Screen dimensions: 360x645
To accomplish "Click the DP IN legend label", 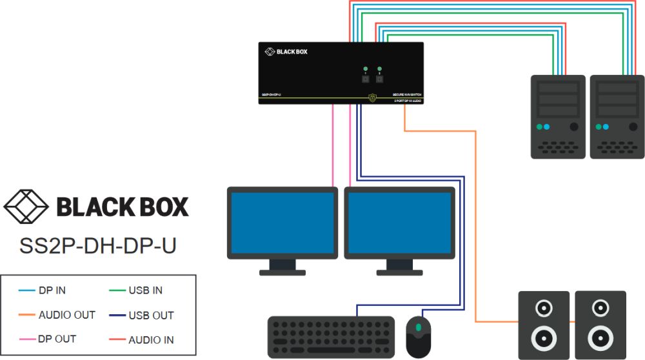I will tap(52, 290).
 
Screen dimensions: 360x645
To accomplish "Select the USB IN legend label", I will tap(145, 290).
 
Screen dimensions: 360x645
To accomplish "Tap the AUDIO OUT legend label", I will tap(66, 315).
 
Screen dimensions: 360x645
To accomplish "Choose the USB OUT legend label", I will tap(151, 315).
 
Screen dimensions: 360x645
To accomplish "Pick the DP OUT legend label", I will tap(57, 339).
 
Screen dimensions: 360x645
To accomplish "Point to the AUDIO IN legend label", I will tap(151, 339).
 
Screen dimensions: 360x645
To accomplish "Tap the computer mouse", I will tap(419, 336).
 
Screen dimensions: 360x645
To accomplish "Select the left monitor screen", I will tap(283, 222).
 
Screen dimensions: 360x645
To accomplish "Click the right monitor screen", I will tap(399, 222).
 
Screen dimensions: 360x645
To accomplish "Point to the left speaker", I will tap(544, 324).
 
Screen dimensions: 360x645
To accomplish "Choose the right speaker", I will tap(600, 324).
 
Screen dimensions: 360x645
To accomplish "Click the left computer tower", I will tap(558, 117).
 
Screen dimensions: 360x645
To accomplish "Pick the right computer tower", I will tap(617, 117).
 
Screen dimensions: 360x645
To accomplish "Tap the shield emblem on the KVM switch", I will tap(372, 98).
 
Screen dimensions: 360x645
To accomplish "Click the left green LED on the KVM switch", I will tap(366, 68).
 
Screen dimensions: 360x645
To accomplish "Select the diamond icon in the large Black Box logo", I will tap(26, 206).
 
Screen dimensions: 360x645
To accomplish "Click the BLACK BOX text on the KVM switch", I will tap(292, 52).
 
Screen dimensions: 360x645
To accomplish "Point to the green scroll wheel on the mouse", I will tap(419, 328).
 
